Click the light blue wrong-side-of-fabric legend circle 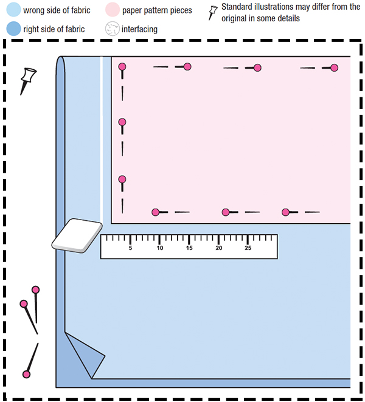pos(13,10)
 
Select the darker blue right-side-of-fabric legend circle pos(13,29)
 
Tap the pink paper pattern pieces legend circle pos(113,10)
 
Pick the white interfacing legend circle pos(113,29)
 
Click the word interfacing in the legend pos(139,29)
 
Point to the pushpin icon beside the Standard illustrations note pos(213,13)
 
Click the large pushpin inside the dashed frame pos(28,81)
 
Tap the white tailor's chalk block pos(77,235)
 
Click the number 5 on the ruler pos(130,248)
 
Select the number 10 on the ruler pos(160,248)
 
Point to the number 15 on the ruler pos(189,248)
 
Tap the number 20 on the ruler pos(219,248)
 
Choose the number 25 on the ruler pos(248,248)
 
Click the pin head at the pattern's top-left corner pos(122,67)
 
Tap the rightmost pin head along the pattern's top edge pos(334,68)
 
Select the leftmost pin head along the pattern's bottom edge pos(156,212)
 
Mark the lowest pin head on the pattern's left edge pos(122,179)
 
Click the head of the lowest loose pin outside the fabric pos(26,374)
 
